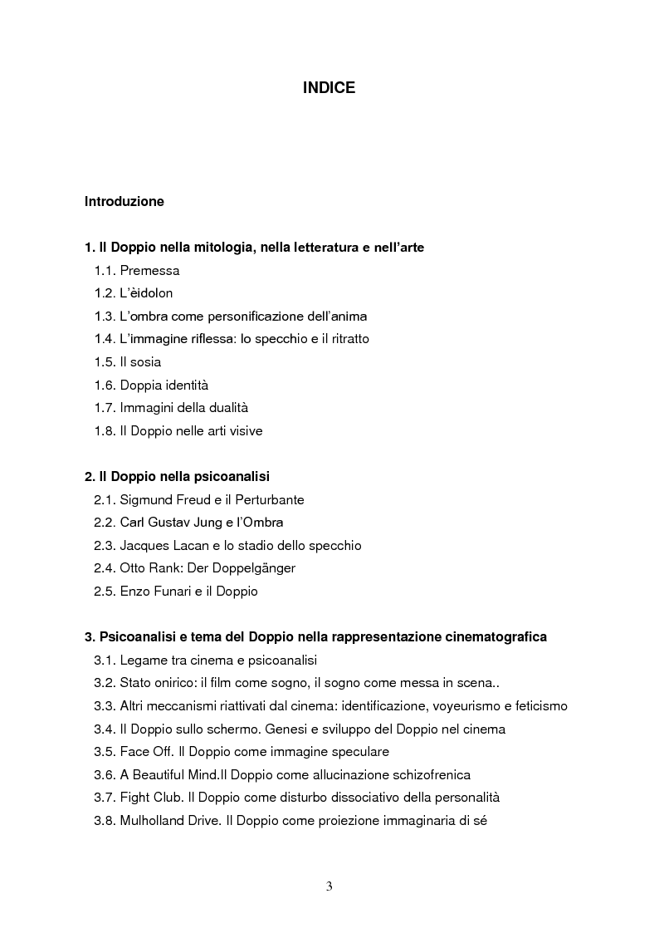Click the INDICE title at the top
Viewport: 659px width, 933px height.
click(x=329, y=87)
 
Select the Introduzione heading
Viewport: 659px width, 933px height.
click(x=124, y=202)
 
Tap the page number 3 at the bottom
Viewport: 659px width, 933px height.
click(x=329, y=886)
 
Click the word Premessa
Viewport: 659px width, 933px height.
click(x=149, y=271)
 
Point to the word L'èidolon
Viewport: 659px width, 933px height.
click(x=146, y=293)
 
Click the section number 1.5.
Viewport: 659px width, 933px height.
click(x=105, y=362)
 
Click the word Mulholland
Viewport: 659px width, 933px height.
click(x=155, y=821)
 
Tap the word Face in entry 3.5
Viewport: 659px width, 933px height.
click(x=134, y=752)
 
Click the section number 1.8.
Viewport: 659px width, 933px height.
click(x=105, y=431)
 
